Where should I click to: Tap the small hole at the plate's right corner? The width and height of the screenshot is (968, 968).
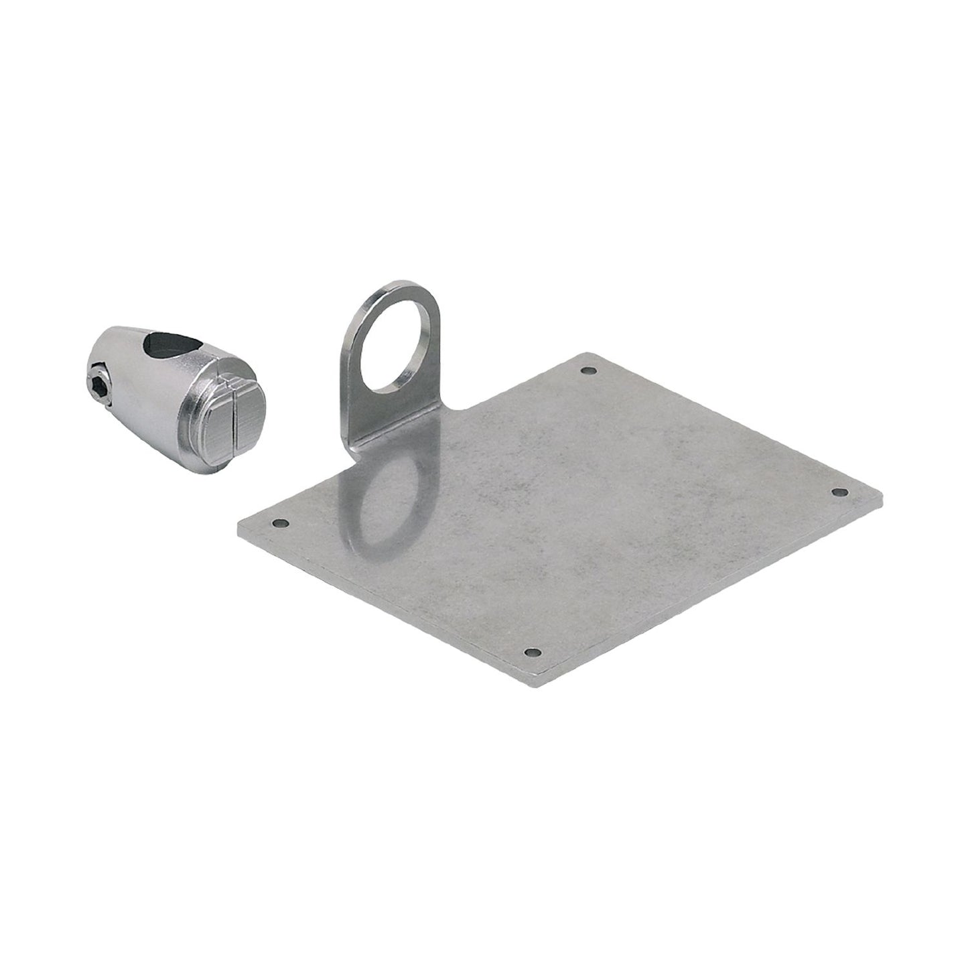point(836,492)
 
